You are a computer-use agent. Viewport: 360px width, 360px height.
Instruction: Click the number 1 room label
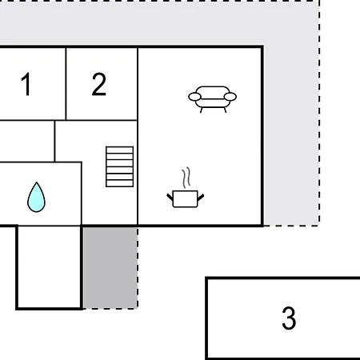click(x=26, y=84)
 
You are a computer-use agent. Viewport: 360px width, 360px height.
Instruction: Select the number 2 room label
click(x=99, y=84)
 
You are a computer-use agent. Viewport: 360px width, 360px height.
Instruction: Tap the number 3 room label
click(x=289, y=318)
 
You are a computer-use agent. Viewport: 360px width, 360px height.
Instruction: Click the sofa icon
click(x=212, y=99)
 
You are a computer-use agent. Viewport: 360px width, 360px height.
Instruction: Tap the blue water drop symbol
click(x=36, y=198)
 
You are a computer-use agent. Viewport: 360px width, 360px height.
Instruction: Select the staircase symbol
click(x=119, y=166)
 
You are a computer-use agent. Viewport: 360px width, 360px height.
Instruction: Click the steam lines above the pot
click(x=186, y=178)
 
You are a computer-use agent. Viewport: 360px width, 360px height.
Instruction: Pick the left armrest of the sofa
click(x=194, y=97)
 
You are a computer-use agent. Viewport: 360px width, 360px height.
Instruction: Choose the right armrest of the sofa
click(x=230, y=97)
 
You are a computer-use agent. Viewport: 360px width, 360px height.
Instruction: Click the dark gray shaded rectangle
click(x=110, y=267)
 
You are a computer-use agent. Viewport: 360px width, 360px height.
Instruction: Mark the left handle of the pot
click(x=170, y=197)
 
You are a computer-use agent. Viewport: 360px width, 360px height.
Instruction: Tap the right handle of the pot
click(x=201, y=197)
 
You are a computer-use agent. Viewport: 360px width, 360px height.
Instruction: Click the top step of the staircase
click(x=119, y=150)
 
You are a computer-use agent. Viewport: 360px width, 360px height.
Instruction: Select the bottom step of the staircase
click(x=119, y=183)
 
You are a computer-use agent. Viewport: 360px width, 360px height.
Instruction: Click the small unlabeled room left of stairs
click(x=26, y=141)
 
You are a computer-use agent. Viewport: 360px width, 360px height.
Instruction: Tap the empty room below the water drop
click(x=49, y=266)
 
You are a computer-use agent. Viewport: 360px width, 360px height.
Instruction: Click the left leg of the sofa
click(x=201, y=110)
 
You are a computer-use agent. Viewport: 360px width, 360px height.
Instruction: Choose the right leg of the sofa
click(x=226, y=110)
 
